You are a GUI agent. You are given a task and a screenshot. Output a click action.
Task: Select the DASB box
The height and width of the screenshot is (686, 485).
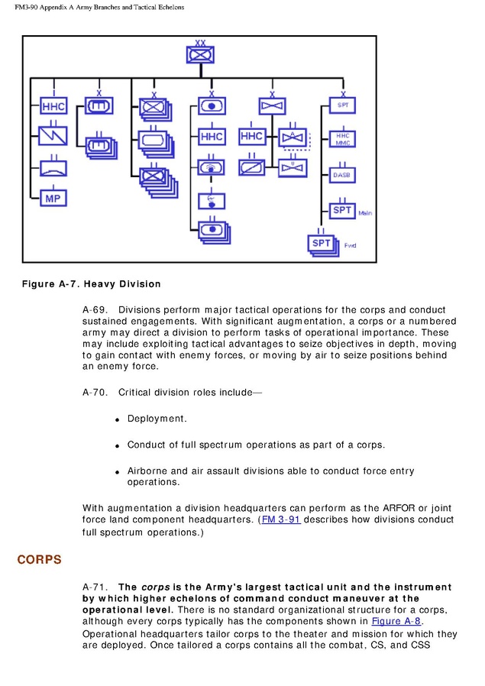click(341, 175)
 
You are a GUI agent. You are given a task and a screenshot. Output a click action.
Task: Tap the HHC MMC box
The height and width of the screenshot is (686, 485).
click(341, 139)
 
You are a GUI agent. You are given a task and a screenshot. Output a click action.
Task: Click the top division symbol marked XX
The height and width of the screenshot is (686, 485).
click(200, 54)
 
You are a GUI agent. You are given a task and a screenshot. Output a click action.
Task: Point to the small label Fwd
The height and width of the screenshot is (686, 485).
click(351, 245)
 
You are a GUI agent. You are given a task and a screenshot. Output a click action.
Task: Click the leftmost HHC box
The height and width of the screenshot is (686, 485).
click(53, 106)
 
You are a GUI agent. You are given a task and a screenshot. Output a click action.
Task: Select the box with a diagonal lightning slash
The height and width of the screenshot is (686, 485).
click(53, 136)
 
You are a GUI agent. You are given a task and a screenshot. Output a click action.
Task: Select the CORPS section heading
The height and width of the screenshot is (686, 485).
click(39, 560)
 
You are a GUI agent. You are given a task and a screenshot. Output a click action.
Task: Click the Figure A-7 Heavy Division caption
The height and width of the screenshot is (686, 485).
click(91, 284)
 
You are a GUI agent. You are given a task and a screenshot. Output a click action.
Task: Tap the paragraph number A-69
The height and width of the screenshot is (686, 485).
click(95, 309)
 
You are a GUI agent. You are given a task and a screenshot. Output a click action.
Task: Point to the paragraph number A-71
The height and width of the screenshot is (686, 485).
click(95, 587)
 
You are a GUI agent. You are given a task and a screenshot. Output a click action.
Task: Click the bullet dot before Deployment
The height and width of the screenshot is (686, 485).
click(118, 420)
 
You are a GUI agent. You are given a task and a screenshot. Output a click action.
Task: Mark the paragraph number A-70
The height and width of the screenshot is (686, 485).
click(95, 393)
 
